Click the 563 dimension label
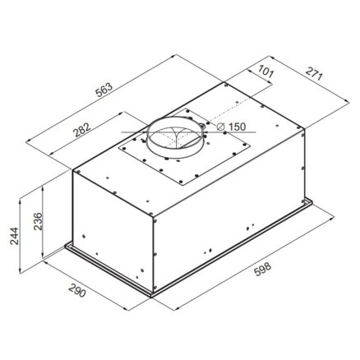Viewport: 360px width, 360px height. click(104, 89)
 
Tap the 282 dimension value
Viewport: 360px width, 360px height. click(81, 130)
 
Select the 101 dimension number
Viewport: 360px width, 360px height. click(265, 72)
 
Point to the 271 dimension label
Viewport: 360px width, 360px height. click(314, 73)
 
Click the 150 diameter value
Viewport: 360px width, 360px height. click(237, 127)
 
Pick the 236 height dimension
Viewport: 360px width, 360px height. click(38, 221)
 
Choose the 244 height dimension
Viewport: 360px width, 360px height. click(14, 236)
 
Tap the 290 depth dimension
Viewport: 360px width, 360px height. click(77, 291)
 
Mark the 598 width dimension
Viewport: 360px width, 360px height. click(263, 269)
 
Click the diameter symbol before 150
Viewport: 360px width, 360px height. click(220, 127)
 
